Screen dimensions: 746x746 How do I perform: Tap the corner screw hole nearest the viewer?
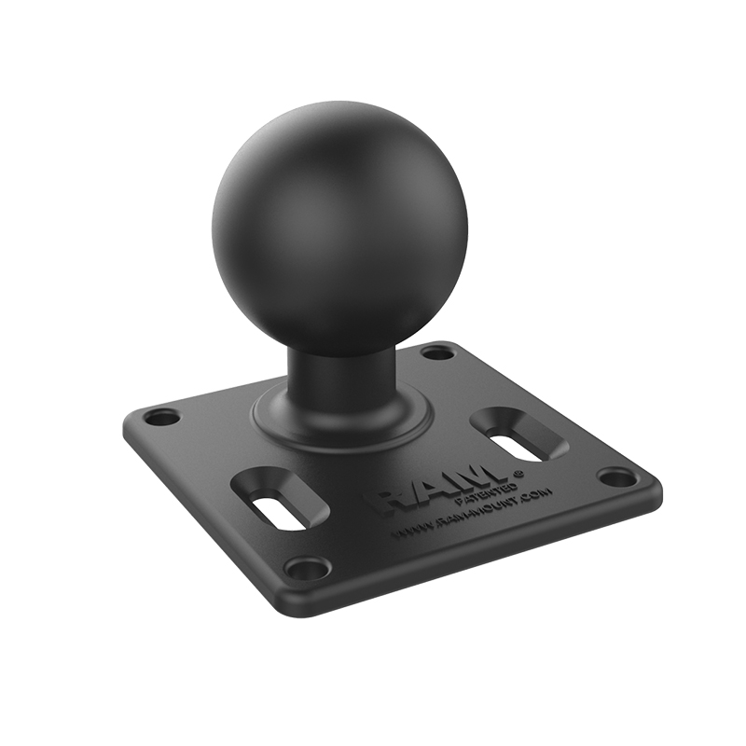(307, 567)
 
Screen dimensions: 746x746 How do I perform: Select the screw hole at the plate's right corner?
(617, 477)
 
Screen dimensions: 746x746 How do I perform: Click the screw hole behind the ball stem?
(436, 352)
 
